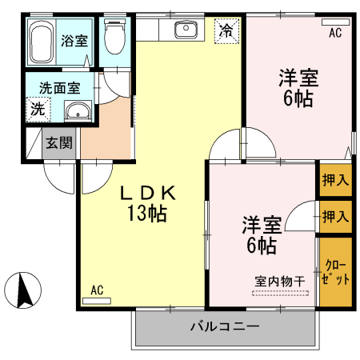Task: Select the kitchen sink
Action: [186, 30]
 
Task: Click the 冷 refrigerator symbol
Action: [227, 31]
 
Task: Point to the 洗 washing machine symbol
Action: [37, 110]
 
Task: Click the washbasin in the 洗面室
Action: [77, 110]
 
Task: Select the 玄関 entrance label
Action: [58, 143]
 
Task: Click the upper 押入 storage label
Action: [335, 179]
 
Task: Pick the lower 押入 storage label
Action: [335, 215]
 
